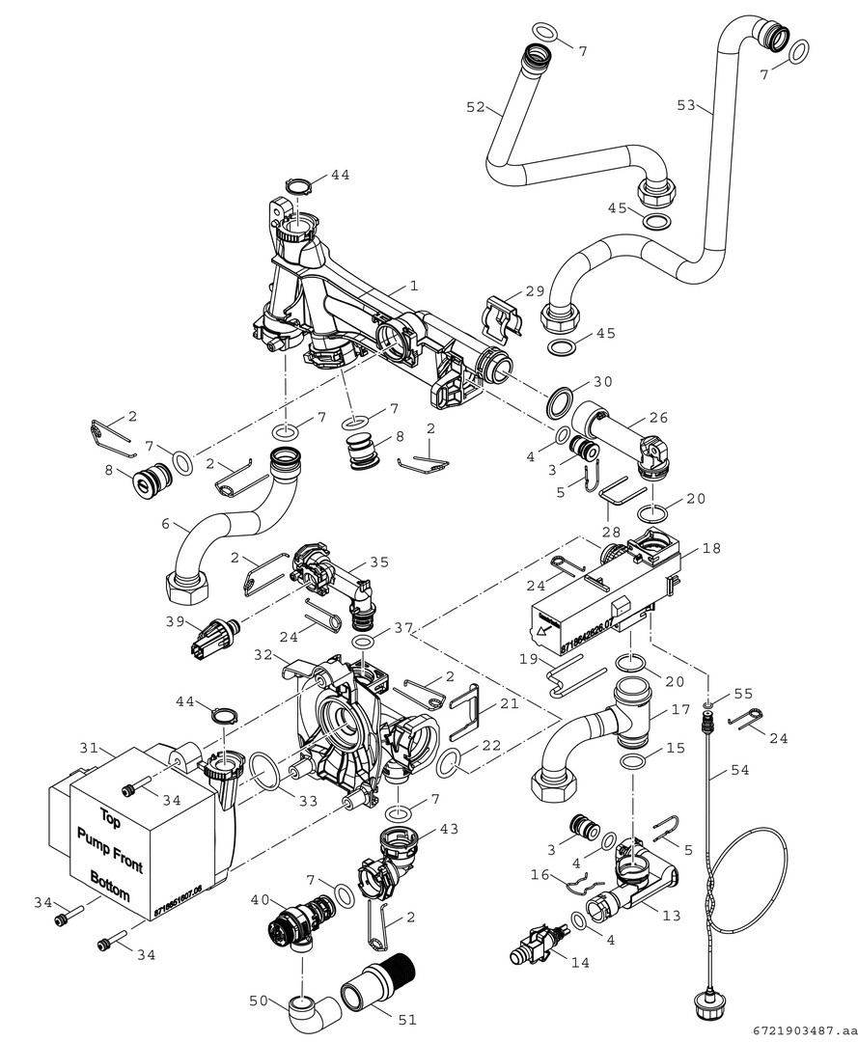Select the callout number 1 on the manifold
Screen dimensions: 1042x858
point(413,287)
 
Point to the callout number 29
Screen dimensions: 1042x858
point(534,290)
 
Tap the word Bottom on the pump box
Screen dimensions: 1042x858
point(109,886)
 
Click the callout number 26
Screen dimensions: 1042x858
point(658,419)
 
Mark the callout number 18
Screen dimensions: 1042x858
point(711,548)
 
